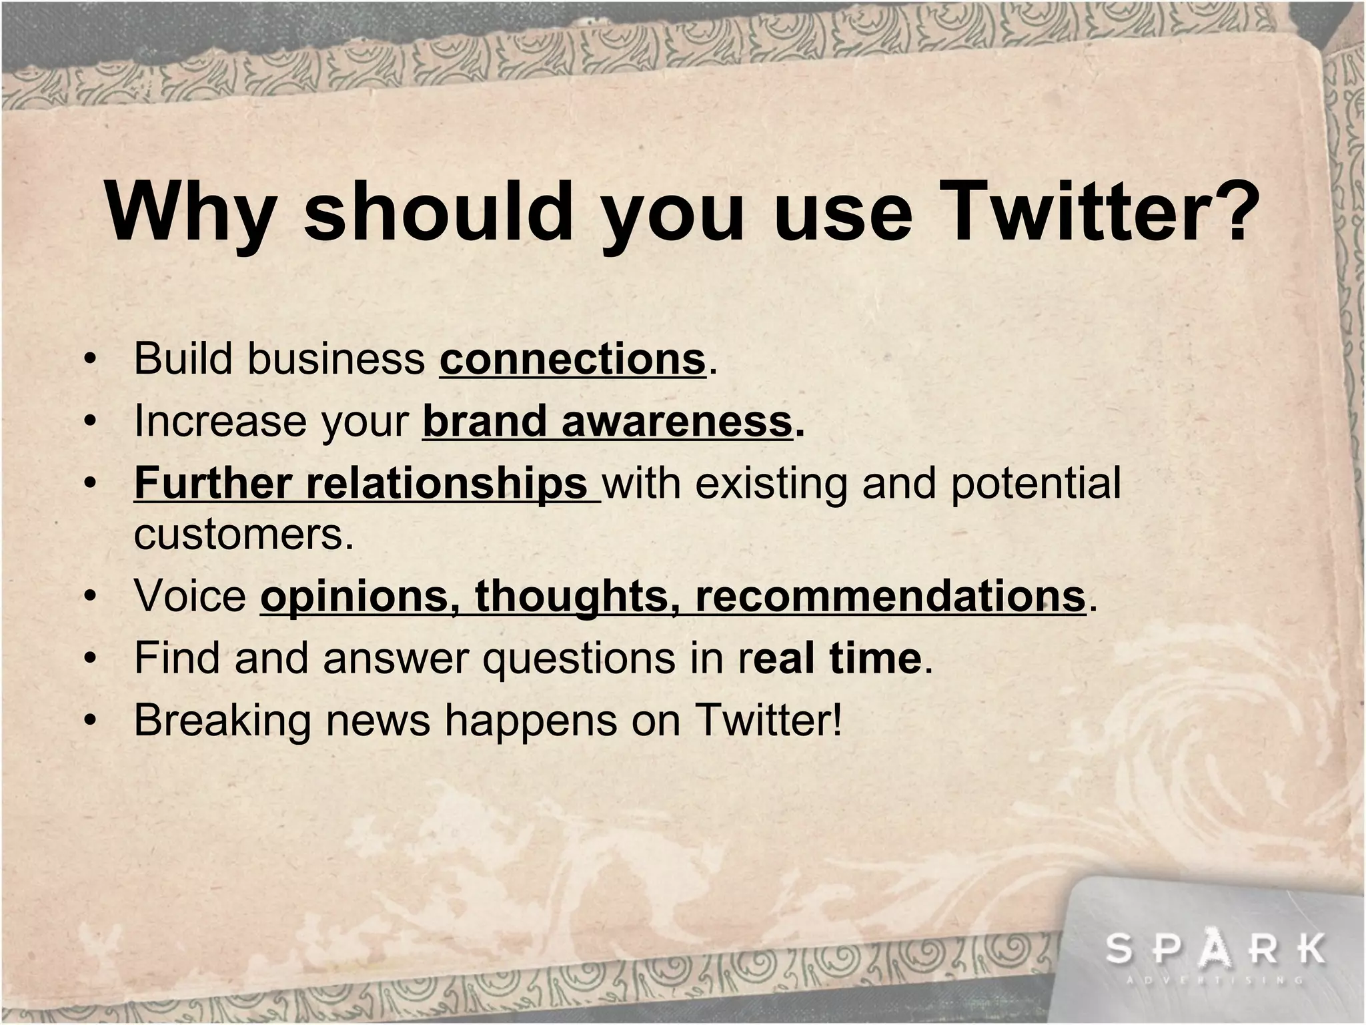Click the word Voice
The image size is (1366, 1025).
tap(190, 595)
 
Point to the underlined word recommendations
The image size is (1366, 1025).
tap(890, 595)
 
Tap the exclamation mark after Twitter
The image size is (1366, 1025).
tap(837, 719)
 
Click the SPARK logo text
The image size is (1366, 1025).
tap(1215, 950)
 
